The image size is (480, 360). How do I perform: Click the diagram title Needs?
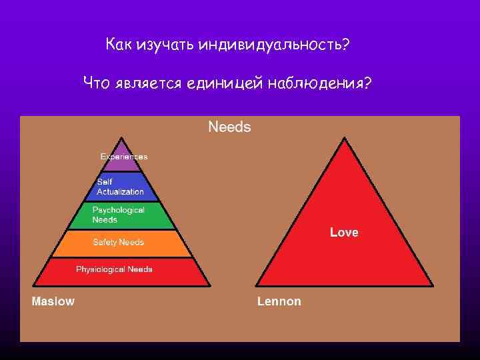[x=229, y=127]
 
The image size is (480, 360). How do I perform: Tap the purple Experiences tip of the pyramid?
[x=123, y=155]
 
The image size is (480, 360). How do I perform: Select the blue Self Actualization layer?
[x=123, y=187]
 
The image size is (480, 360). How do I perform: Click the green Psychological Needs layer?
[x=123, y=215]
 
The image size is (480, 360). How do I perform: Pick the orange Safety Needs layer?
[x=123, y=243]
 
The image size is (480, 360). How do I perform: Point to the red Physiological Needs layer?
[x=123, y=270]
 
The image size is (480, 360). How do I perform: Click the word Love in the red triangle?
[x=344, y=233]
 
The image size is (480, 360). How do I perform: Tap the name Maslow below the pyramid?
[x=53, y=301]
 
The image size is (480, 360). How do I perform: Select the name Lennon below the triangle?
[x=279, y=301]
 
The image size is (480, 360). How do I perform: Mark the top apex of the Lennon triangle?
[x=345, y=139]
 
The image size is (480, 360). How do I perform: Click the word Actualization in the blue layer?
[x=121, y=192]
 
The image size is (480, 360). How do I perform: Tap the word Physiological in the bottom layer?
[x=100, y=269]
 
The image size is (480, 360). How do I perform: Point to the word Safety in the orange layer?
[x=105, y=243]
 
